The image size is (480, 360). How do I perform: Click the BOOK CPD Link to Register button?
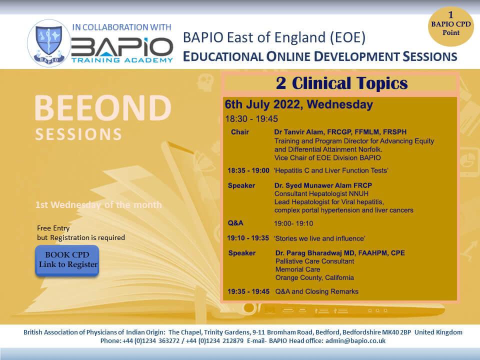pyautogui.click(x=67, y=260)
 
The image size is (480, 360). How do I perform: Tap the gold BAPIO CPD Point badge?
pyautogui.click(x=450, y=26)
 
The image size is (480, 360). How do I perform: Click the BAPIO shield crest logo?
pyautogui.click(x=49, y=43)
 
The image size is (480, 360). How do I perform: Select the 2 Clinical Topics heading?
pyautogui.click(x=341, y=83)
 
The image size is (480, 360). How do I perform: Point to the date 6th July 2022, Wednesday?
pyautogui.click(x=299, y=104)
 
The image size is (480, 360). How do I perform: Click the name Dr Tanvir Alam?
pyautogui.click(x=298, y=132)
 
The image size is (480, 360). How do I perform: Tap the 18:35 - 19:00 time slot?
pyautogui.click(x=248, y=170)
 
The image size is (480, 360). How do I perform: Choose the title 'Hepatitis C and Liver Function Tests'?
pyautogui.click(x=331, y=170)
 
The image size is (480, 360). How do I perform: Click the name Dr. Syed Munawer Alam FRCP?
pyautogui.click(x=323, y=185)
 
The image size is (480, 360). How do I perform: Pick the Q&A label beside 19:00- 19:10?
pyautogui.click(x=235, y=223)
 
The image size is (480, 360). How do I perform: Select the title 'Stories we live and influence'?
pyautogui.click(x=319, y=238)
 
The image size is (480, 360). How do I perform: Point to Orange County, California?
pyautogui.click(x=314, y=277)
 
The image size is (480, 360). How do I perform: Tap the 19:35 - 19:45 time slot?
pyautogui.click(x=248, y=291)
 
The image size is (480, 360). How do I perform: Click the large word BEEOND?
pyautogui.click(x=103, y=108)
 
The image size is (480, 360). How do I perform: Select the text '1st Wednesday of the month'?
pyautogui.click(x=98, y=205)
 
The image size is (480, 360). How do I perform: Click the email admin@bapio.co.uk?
pyautogui.click(x=355, y=340)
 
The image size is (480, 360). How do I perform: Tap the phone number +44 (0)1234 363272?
pyautogui.click(x=151, y=340)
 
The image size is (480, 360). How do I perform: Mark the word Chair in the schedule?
pyautogui.click(x=239, y=132)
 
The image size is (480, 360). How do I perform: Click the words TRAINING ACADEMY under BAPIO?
pyautogui.click(x=122, y=60)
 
